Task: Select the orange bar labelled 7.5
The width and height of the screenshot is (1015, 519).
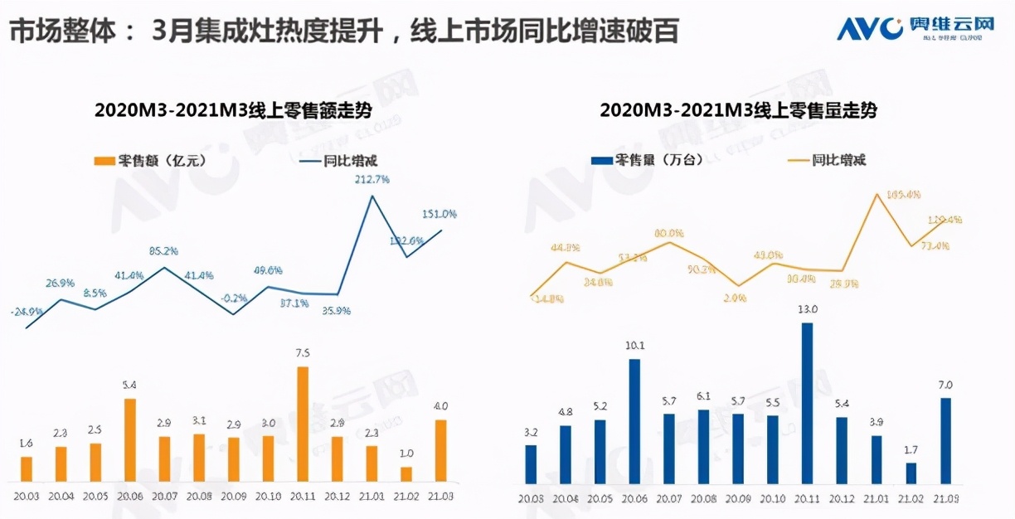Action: [303, 424]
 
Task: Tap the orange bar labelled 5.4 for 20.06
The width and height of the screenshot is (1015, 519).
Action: [130, 439]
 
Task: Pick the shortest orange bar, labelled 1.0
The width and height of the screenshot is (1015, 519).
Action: [406, 473]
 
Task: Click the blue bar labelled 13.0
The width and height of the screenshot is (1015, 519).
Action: [807, 403]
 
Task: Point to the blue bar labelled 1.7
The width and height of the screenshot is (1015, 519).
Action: [911, 473]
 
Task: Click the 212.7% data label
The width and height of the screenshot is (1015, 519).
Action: [372, 179]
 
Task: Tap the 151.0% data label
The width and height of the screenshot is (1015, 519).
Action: [440, 214]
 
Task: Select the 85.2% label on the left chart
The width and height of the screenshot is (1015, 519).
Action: [164, 251]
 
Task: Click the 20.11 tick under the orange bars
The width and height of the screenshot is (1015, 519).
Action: [303, 497]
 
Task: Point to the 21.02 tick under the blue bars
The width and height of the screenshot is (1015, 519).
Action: [911, 500]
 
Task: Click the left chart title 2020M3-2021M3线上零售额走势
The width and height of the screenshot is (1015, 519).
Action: [233, 110]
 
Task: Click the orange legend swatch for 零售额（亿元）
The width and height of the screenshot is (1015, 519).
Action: [104, 161]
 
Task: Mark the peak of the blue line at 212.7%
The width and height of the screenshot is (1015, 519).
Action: [372, 196]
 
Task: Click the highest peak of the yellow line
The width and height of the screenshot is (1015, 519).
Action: [877, 194]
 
